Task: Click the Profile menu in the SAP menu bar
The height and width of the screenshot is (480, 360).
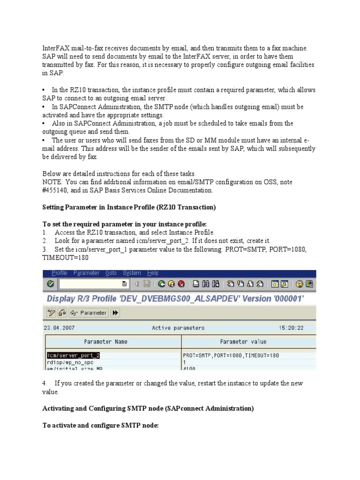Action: pyautogui.click(x=60, y=273)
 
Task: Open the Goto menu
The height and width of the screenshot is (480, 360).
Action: pyautogui.click(x=111, y=273)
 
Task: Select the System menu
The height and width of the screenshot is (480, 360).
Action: pyautogui.click(x=132, y=273)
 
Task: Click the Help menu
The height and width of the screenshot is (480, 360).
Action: pyautogui.click(x=153, y=273)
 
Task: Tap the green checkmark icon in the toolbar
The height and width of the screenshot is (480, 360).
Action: pyautogui.click(x=51, y=284)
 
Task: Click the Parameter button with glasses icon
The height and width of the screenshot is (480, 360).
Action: pyautogui.click(x=89, y=313)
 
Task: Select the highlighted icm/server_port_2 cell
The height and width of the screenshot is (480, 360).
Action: pyautogui.click(x=73, y=355)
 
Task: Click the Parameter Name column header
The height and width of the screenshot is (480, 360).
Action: pyautogui.click(x=105, y=342)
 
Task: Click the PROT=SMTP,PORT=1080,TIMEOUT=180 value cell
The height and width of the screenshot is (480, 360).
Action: pyautogui.click(x=231, y=355)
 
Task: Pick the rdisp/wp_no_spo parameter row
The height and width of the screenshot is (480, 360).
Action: pyautogui.click(x=67, y=362)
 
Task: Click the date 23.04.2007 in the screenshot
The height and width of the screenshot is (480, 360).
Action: pyautogui.click(x=57, y=328)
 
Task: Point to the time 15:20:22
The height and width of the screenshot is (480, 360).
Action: pyautogui.click(x=292, y=328)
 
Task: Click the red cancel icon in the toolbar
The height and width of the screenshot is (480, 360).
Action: pyautogui.click(x=181, y=284)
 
